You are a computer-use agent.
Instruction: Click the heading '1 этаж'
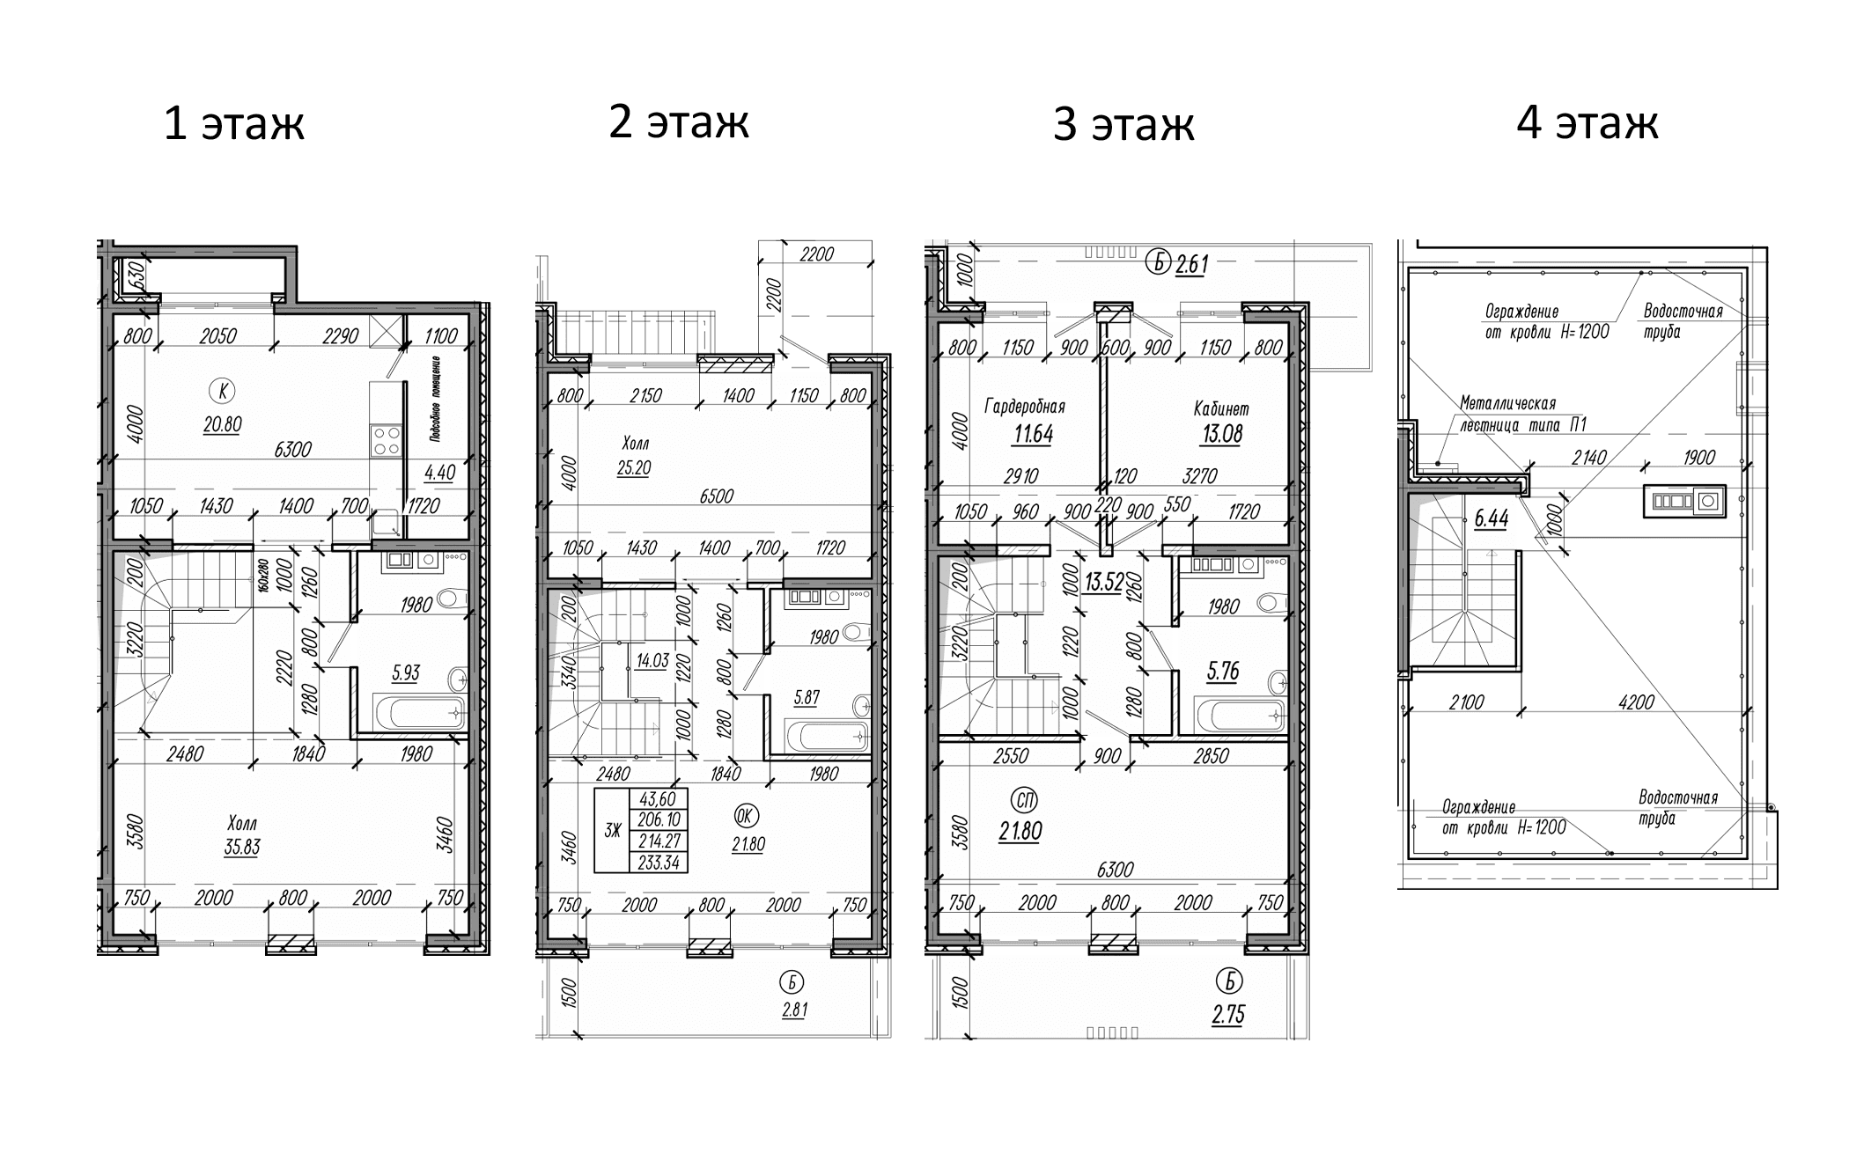[x=234, y=123]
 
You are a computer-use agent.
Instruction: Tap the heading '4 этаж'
[x=1587, y=121]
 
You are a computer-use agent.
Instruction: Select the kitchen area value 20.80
[x=222, y=424]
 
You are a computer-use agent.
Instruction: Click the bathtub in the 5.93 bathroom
[x=419, y=711]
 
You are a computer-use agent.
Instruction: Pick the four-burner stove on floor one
[x=386, y=439]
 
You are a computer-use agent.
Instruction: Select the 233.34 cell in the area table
[x=659, y=863]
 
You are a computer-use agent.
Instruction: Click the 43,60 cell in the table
[x=658, y=798]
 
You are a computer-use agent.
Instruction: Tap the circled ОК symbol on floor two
[x=745, y=816]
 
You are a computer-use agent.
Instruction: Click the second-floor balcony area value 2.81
[x=794, y=1010]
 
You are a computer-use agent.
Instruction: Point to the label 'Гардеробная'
[x=1024, y=407]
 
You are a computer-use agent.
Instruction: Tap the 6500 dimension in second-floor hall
[x=716, y=496]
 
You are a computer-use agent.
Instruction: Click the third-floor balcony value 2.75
[x=1227, y=1014]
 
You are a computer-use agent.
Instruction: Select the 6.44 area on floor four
[x=1491, y=518]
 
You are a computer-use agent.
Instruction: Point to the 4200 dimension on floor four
[x=1636, y=702]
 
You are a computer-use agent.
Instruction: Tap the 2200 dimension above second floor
[x=816, y=254]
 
